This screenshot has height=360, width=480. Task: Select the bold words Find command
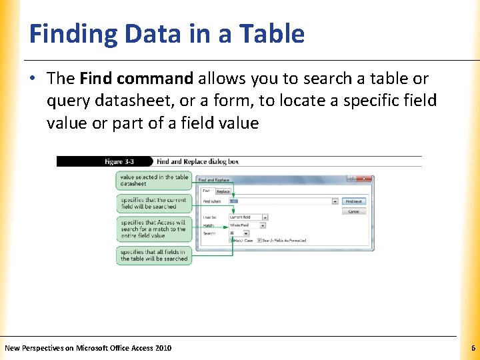[x=135, y=79]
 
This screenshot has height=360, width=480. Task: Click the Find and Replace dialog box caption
[x=197, y=161]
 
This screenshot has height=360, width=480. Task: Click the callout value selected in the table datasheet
[x=154, y=180]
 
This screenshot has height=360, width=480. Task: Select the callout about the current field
[x=153, y=203]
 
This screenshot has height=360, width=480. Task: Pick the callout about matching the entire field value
[x=153, y=229]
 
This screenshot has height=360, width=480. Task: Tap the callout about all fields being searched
[x=153, y=255]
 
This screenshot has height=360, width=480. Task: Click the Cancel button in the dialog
[x=353, y=211]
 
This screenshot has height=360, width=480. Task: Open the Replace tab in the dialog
[x=223, y=191]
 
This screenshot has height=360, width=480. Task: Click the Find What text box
[x=283, y=201]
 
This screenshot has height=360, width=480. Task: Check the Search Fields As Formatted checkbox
[x=259, y=240]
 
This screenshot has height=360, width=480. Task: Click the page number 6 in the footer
[x=473, y=348]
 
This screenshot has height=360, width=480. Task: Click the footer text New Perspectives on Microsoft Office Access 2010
[x=88, y=348]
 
